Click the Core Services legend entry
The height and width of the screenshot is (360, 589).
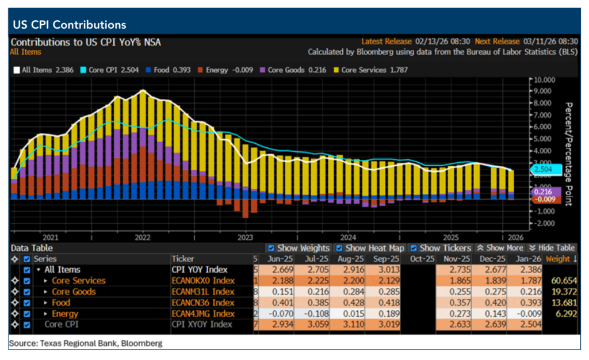click(x=369, y=70)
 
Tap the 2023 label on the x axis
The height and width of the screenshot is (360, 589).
click(x=245, y=237)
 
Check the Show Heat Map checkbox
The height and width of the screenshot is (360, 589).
click(x=340, y=248)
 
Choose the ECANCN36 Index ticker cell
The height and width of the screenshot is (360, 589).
click(x=203, y=302)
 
